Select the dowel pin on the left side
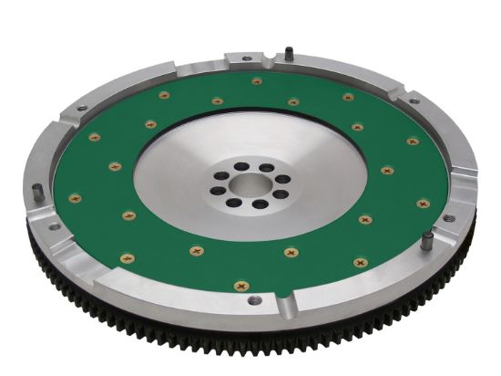click(36, 193)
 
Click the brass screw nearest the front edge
click(241, 286)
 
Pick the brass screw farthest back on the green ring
click(257, 81)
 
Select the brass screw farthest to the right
click(423, 204)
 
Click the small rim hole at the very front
click(256, 299)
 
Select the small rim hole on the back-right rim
click(414, 100)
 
